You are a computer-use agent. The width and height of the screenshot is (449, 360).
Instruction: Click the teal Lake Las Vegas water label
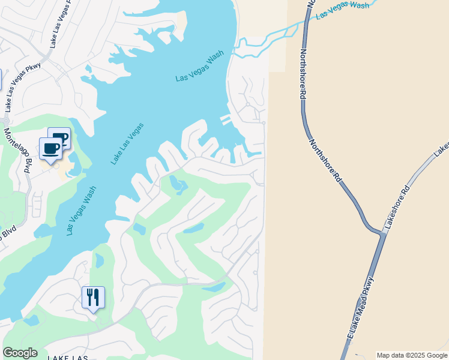(x=127, y=144)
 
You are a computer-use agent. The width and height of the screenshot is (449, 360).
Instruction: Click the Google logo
(x=20, y=353)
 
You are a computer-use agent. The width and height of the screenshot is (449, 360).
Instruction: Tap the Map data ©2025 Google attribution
(x=412, y=355)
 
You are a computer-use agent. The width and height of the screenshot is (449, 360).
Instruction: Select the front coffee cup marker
(x=50, y=148)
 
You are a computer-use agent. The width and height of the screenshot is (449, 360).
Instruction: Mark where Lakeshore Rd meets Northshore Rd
(x=381, y=231)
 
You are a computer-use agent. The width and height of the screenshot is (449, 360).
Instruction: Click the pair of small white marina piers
(x=226, y=119)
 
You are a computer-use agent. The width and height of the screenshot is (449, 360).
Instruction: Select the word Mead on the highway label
(x=358, y=313)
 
